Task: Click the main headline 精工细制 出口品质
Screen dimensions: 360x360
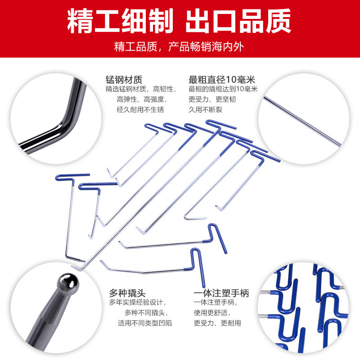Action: click(x=179, y=21)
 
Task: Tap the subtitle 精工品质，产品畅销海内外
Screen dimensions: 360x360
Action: click(x=179, y=47)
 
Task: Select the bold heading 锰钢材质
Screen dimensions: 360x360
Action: click(x=124, y=80)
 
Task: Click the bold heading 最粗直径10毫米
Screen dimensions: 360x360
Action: click(x=222, y=80)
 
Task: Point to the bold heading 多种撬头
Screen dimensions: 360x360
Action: click(x=127, y=293)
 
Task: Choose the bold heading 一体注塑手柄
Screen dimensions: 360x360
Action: click(x=221, y=293)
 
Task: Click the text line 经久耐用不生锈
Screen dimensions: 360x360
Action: click(x=140, y=109)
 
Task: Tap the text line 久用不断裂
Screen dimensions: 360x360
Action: click(x=206, y=109)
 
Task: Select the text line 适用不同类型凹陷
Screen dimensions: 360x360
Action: click(x=145, y=323)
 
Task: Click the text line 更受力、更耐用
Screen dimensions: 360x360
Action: click(x=217, y=323)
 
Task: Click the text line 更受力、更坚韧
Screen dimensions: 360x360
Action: click(x=212, y=99)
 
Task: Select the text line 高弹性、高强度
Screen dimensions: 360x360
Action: click(x=142, y=99)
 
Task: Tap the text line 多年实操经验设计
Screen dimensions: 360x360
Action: click(x=138, y=302)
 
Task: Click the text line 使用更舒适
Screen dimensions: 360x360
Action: click(x=212, y=313)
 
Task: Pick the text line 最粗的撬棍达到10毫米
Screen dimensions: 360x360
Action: click(x=223, y=89)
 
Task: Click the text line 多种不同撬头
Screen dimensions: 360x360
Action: click(x=147, y=313)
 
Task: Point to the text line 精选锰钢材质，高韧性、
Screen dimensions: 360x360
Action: click(x=141, y=89)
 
